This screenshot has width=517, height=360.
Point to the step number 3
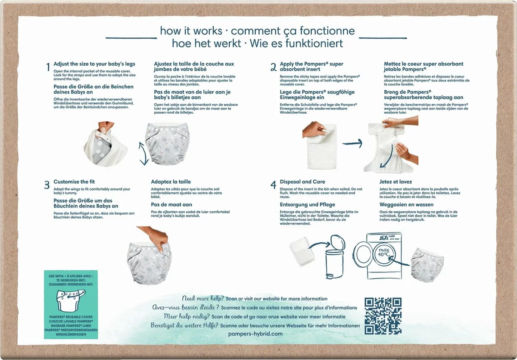(x=47, y=185)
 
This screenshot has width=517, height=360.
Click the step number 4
(x=273, y=185)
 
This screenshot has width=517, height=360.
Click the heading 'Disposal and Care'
(x=302, y=182)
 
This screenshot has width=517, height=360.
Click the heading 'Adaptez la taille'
(x=171, y=182)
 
